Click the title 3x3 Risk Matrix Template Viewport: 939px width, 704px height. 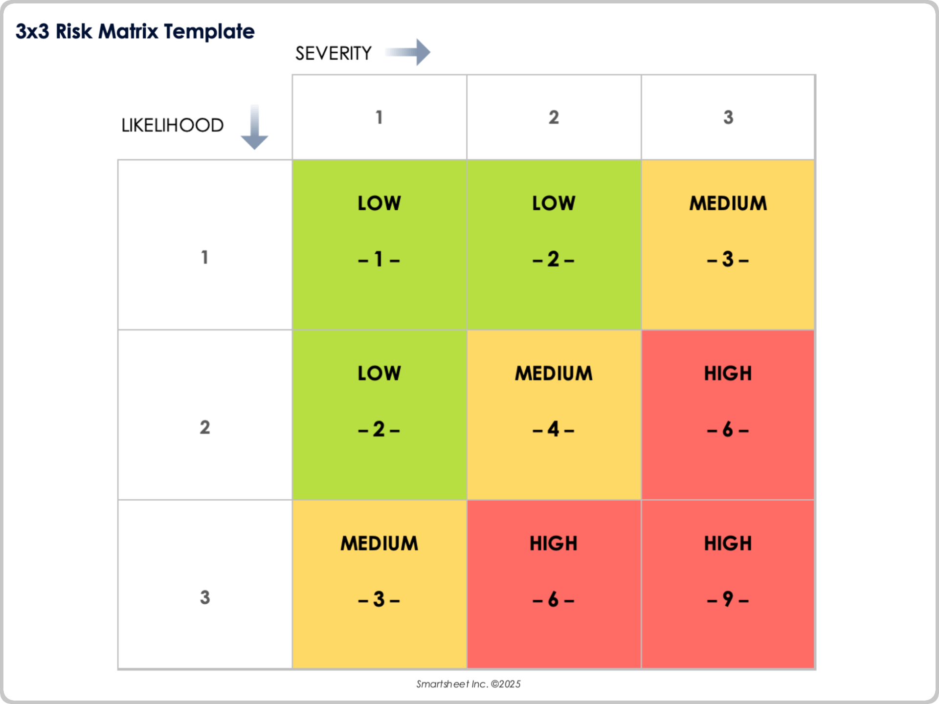(x=135, y=31)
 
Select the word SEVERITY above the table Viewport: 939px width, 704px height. (x=333, y=53)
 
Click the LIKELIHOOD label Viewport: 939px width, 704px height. (x=172, y=126)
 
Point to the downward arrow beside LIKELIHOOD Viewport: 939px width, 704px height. (x=254, y=127)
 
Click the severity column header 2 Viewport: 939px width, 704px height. (x=554, y=117)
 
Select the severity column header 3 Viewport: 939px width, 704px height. (x=728, y=117)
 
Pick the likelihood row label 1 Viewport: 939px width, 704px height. (x=204, y=257)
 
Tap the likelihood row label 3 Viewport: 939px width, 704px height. (x=204, y=597)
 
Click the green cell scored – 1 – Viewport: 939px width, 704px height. (x=379, y=244)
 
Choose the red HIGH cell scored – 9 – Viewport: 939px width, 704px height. (x=728, y=584)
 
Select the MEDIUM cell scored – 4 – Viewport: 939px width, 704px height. (x=554, y=415)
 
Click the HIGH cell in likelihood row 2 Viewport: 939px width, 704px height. (x=728, y=415)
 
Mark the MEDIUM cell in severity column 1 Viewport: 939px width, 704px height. (x=379, y=584)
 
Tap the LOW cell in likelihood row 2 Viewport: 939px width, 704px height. (x=379, y=415)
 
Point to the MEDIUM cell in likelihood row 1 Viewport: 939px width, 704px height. (x=728, y=244)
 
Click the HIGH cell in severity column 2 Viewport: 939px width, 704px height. (x=554, y=584)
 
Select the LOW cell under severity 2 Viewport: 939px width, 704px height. (x=554, y=244)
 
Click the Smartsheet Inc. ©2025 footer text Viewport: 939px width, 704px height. (x=468, y=684)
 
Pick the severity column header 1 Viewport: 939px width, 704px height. (x=379, y=117)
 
